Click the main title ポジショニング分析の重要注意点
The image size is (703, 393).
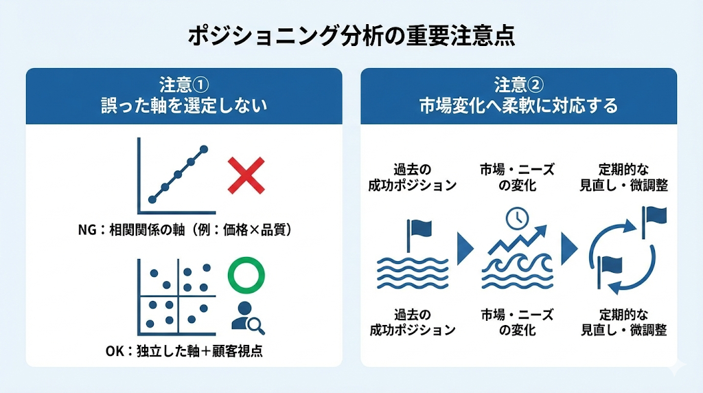(351, 36)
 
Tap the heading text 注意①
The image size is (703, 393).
(183, 85)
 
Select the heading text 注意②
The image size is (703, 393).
(518, 85)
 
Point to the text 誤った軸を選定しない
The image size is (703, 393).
(183, 106)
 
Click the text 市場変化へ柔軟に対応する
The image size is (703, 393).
(518, 106)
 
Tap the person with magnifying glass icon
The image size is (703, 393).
(247, 317)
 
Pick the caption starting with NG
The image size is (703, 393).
(186, 230)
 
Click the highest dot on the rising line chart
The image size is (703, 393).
(204, 149)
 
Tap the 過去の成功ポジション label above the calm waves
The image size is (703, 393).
(413, 177)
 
